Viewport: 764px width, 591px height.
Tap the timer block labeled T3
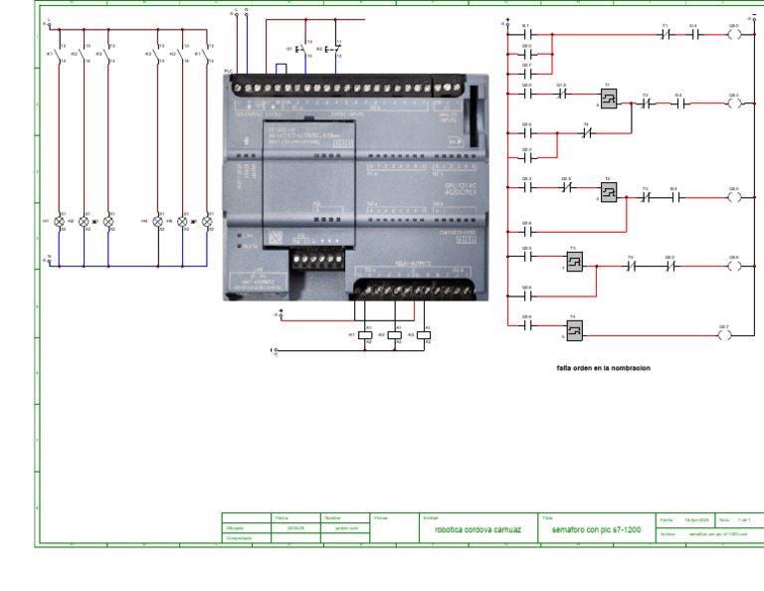point(573,261)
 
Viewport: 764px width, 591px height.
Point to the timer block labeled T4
point(573,329)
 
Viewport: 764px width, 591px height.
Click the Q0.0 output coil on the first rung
point(733,33)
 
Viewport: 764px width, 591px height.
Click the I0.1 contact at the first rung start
point(526,33)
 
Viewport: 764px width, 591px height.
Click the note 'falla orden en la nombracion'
point(603,368)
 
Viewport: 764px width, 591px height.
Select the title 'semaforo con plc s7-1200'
point(597,529)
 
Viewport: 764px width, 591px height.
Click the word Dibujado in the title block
point(236,528)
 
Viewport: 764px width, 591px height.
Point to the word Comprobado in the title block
point(239,538)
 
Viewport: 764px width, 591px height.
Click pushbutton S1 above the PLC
point(300,48)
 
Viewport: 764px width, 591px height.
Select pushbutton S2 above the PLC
point(331,48)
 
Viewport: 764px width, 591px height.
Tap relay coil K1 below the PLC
point(365,335)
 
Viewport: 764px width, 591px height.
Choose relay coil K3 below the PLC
point(424,335)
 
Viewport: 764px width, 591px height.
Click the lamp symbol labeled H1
point(59,221)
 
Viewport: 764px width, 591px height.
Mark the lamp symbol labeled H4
point(157,221)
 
